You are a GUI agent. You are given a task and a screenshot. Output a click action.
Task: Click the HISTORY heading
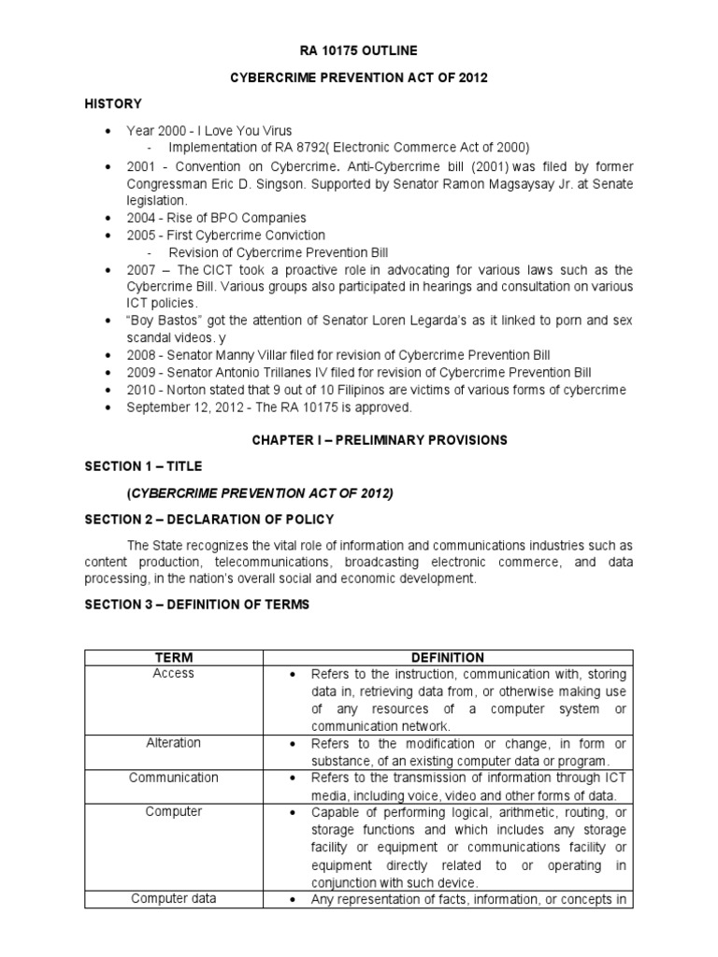pos(113,104)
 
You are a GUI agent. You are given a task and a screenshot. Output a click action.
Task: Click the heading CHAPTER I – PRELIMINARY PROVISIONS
pos(359,439)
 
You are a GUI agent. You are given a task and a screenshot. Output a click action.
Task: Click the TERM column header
pos(173,657)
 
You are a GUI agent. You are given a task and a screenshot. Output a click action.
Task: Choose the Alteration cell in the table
pos(173,742)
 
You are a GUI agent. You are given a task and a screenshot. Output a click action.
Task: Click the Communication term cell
pos(173,777)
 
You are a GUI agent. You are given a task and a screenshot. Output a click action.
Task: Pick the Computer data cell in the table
pos(173,898)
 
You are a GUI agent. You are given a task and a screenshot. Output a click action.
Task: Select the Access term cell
pos(173,673)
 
